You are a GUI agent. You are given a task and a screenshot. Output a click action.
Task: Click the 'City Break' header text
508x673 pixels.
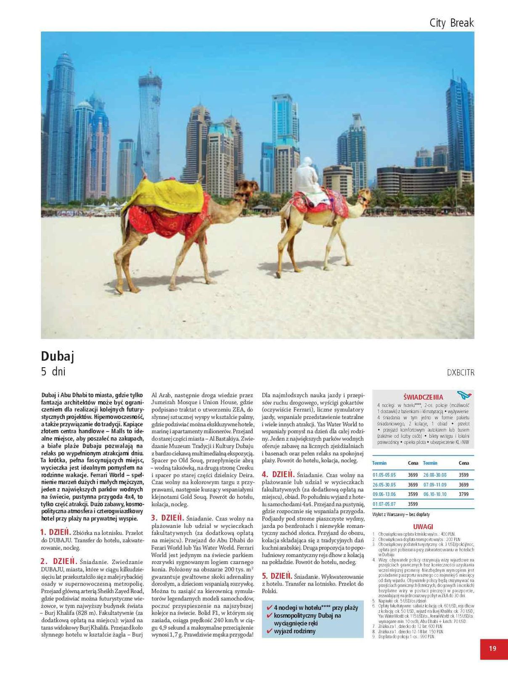451,23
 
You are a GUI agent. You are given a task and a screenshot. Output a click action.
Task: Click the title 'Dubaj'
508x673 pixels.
58,356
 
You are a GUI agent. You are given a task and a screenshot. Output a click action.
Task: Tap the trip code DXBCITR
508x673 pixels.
460,373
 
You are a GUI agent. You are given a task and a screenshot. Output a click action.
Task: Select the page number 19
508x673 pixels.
492,648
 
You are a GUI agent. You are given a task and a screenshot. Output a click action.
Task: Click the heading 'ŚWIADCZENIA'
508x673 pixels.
423,397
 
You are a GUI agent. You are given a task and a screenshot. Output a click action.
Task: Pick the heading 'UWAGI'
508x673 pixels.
423,527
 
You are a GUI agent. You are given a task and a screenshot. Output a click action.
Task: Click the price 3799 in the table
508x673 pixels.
463,494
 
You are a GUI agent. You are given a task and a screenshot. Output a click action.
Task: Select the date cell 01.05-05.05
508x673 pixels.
384,475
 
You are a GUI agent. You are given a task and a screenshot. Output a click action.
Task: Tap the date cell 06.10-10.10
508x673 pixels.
435,494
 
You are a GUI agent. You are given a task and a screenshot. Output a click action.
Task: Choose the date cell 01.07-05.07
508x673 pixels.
384,504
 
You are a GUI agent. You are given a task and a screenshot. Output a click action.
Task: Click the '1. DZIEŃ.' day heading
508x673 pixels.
56,532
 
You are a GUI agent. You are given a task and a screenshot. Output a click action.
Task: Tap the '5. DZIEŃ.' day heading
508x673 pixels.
277,576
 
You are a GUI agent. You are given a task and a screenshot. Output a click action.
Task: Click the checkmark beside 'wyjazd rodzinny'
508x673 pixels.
269,631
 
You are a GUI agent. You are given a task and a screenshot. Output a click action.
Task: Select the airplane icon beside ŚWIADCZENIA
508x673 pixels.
464,395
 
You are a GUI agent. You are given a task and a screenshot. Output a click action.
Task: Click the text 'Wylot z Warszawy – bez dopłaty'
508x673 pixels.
401,514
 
